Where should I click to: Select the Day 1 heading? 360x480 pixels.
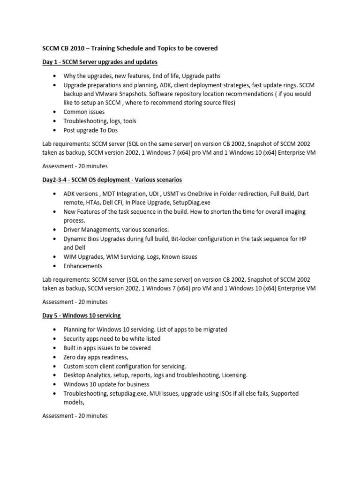(x=100, y=62)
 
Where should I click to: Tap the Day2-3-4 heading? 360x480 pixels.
(x=112, y=180)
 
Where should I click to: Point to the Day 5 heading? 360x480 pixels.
(x=84, y=315)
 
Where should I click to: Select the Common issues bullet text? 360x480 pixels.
(x=84, y=112)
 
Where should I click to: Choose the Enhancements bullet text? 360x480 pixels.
(x=83, y=266)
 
